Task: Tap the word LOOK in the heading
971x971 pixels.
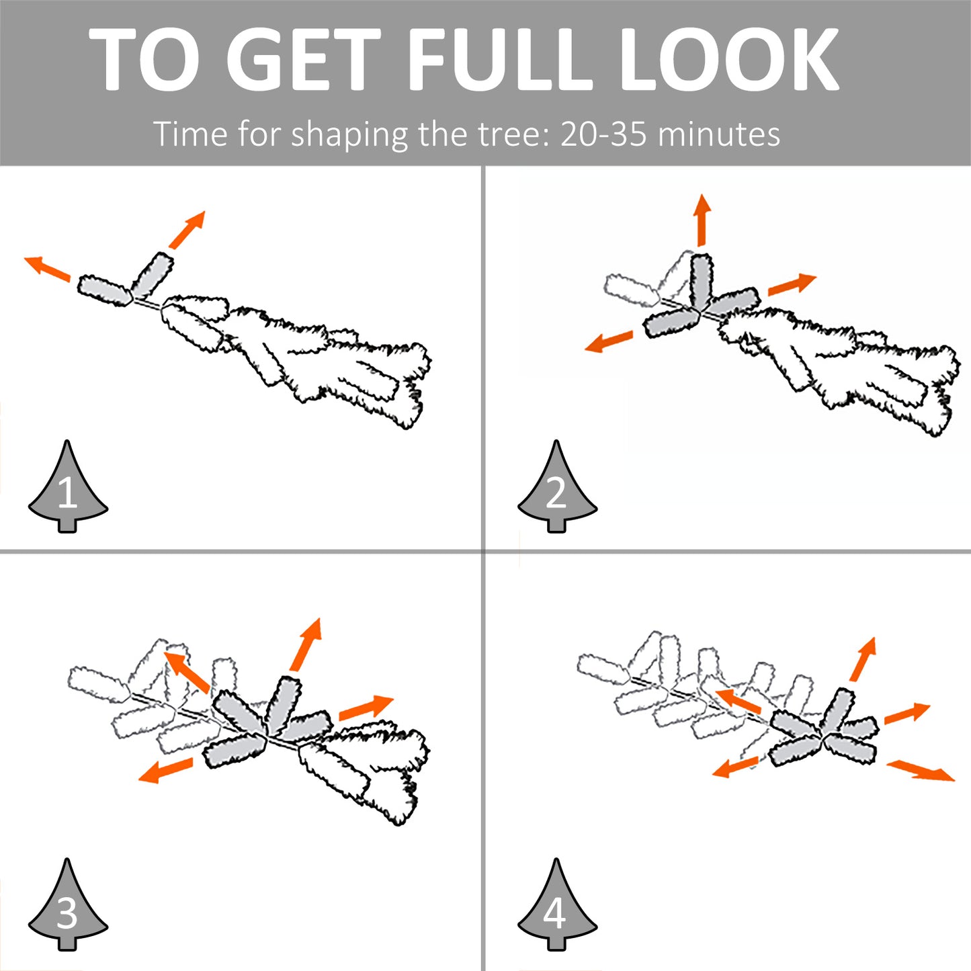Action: [x=729, y=59]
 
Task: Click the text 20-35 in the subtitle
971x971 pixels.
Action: [x=603, y=134]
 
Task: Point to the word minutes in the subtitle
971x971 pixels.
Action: [x=719, y=134]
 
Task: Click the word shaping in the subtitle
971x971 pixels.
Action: [x=349, y=136]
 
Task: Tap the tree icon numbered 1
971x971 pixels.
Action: [x=67, y=487]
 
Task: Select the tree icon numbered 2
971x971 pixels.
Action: [x=557, y=487]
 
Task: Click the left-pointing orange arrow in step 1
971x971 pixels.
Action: [x=47, y=268]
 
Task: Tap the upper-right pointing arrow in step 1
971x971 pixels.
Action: [x=187, y=229]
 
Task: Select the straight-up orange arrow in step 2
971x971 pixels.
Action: [x=702, y=220]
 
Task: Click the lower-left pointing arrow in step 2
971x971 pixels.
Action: [x=608, y=341]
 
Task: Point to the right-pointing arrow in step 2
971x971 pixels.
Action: [x=792, y=284]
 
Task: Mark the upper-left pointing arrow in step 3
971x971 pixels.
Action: [x=186, y=671]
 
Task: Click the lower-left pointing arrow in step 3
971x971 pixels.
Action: [x=165, y=769]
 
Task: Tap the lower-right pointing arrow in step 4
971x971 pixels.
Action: [x=920, y=771]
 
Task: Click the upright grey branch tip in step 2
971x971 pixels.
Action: [x=702, y=280]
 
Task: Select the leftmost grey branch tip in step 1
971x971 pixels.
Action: [x=105, y=291]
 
